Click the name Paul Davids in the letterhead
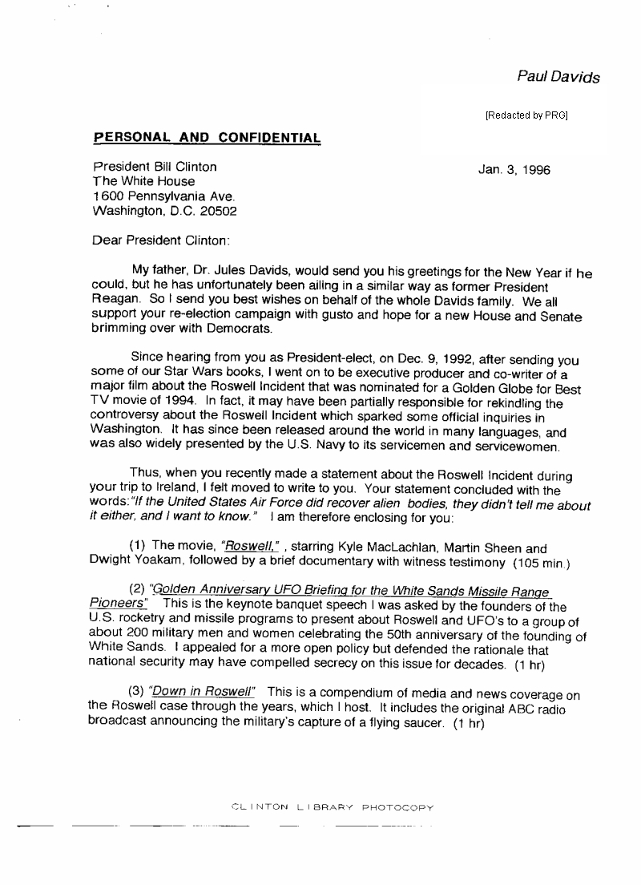pos(558,77)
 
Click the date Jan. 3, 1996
pos(514,170)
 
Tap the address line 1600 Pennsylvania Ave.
pos(165,197)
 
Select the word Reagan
pos(115,301)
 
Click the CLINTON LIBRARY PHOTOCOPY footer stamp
pos(331,807)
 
